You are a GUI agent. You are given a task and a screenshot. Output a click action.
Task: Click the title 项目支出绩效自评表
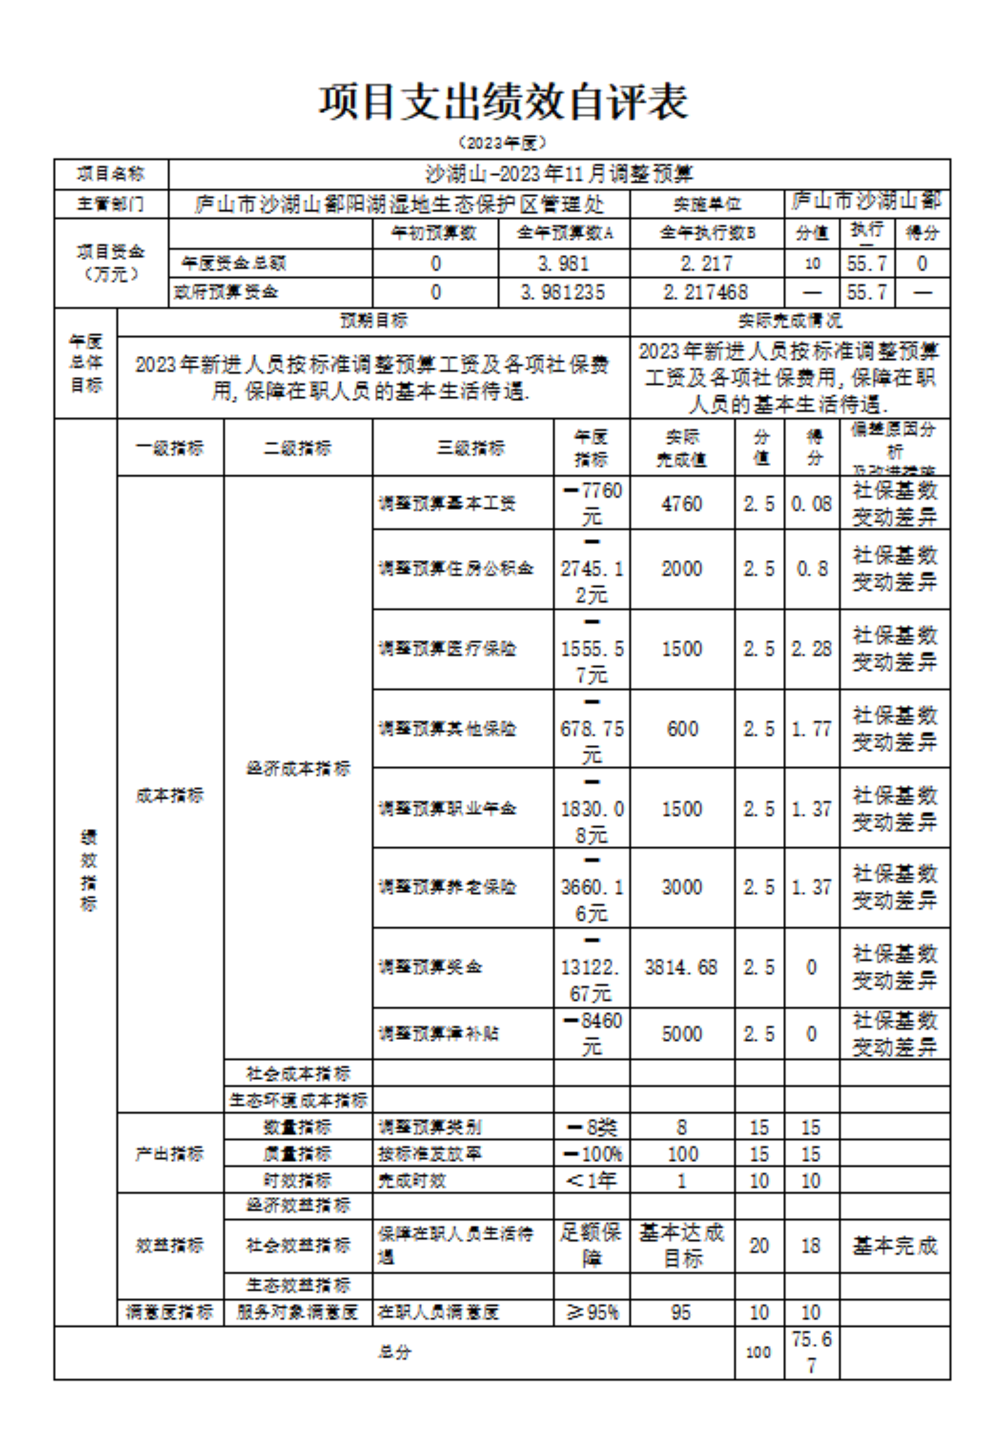click(502, 102)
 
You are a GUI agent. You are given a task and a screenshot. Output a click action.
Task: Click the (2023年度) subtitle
click(502, 143)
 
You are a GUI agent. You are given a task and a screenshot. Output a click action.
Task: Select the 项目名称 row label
click(111, 174)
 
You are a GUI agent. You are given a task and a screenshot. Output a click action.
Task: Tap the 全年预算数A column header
click(564, 233)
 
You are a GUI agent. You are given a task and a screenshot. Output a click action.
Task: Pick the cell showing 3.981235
click(563, 292)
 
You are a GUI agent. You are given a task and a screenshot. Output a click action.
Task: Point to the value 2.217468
click(706, 292)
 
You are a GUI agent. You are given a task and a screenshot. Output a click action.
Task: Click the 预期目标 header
click(373, 321)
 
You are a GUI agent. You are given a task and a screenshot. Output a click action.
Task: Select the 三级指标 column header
click(470, 448)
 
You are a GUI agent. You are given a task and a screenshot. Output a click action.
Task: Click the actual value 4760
click(682, 504)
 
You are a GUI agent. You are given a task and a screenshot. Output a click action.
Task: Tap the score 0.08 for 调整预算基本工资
click(811, 504)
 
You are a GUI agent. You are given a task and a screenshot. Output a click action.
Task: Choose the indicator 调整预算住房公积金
click(456, 568)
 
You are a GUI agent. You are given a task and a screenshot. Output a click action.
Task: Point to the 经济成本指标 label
click(298, 769)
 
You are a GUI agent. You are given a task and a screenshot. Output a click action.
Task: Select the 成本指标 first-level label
click(170, 795)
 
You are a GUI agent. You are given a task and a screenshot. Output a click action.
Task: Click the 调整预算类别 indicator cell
click(430, 1128)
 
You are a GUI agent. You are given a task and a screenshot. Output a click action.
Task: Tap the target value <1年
click(591, 1181)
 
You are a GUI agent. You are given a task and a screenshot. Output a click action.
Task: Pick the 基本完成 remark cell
click(894, 1246)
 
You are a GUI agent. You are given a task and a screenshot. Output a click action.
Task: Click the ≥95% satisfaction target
click(592, 1312)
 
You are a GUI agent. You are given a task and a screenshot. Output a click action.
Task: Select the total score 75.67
click(812, 1351)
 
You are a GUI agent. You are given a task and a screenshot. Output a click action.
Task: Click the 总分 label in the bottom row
click(394, 1352)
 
